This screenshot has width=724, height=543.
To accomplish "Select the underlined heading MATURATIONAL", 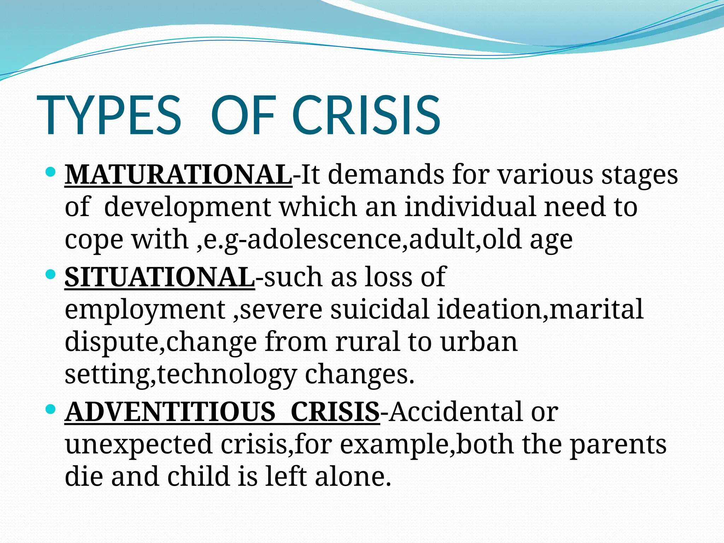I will tap(178, 175).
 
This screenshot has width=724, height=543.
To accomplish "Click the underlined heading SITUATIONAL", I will tap(159, 278).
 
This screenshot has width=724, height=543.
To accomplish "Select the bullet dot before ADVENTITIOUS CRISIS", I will tap(51, 410).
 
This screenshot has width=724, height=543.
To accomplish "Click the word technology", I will tap(227, 375).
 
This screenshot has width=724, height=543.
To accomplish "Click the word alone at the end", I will tap(353, 477).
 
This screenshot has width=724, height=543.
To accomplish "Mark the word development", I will tap(187, 208).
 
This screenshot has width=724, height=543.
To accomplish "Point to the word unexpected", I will tap(139, 445).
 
